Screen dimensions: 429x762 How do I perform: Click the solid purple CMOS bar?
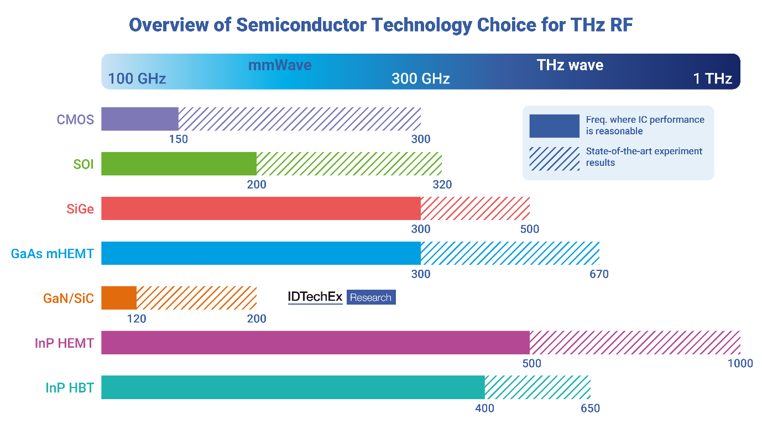(x=139, y=119)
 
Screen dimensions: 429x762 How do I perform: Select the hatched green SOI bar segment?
(x=349, y=164)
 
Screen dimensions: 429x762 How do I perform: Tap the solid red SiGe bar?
(x=260, y=208)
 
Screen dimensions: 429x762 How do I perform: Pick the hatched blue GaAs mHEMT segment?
(x=510, y=253)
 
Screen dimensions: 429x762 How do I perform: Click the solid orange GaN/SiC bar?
(x=119, y=298)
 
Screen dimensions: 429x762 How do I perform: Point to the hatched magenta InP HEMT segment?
(x=635, y=343)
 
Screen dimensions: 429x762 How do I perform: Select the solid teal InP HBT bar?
(x=293, y=388)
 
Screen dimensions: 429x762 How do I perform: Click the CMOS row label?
(x=75, y=119)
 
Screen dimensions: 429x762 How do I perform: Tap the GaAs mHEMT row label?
(x=53, y=254)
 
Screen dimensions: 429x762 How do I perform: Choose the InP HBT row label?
(x=70, y=388)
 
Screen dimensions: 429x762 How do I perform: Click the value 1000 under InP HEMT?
(x=740, y=363)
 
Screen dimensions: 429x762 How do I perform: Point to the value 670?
(x=599, y=274)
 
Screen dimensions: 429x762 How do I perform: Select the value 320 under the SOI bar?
(x=442, y=184)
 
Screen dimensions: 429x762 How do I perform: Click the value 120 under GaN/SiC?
(x=137, y=318)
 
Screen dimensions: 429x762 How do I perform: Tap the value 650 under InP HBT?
(x=590, y=408)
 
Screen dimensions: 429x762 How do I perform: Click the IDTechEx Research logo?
(x=342, y=297)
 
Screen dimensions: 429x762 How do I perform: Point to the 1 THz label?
(x=713, y=79)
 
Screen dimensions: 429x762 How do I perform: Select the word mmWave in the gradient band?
(x=280, y=65)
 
